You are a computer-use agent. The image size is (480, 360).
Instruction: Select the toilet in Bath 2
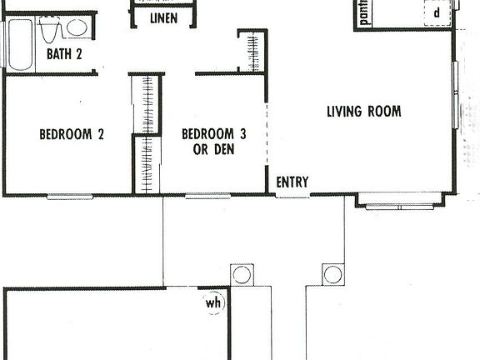point(49,30)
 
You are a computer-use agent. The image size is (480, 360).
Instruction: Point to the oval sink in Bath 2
point(77,29)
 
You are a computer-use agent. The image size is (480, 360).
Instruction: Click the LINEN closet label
point(162,18)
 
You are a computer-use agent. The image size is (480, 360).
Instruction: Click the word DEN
point(222,150)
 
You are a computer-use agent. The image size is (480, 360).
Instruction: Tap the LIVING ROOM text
point(364,111)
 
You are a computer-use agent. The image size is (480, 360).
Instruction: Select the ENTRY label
point(292,182)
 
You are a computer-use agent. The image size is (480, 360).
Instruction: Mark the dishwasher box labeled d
point(436,13)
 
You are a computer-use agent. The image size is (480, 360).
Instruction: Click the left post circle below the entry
point(242,274)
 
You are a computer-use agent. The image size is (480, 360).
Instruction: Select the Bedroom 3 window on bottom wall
point(207,197)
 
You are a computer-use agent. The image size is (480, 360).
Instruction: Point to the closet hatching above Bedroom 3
point(249,52)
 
